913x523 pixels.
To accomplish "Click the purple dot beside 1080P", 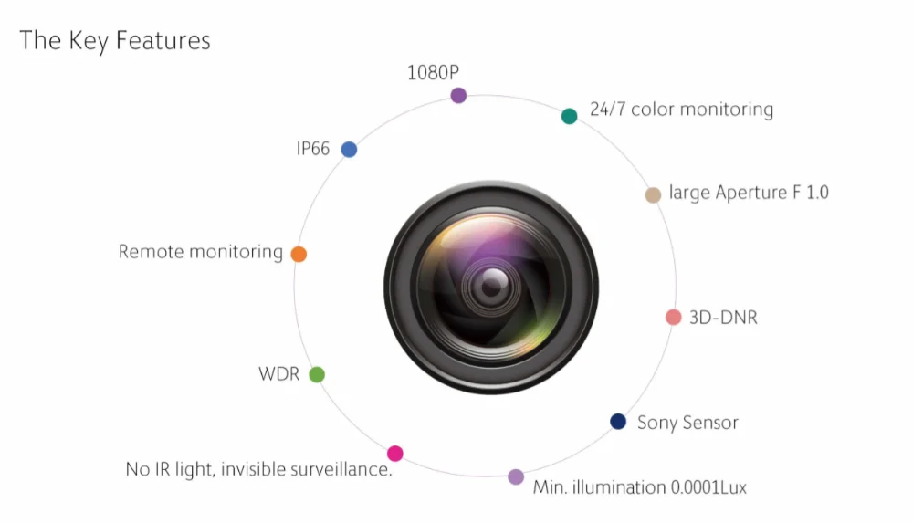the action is (458, 95).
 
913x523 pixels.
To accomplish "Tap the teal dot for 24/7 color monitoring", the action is (569, 116).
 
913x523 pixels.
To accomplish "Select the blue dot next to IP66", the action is (349, 149).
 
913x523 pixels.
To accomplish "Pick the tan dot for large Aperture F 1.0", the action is (653, 194).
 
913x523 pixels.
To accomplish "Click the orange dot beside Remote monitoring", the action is (299, 254).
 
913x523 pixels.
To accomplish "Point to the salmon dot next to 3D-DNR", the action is (673, 317).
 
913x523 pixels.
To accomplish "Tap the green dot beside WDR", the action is (317, 374).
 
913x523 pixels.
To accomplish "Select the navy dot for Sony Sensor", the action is (618, 421).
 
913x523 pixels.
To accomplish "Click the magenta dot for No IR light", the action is (394, 453).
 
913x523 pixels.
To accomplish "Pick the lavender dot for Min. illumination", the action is (515, 477).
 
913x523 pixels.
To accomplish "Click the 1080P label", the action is (433, 73).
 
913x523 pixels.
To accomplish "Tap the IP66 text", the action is (312, 149).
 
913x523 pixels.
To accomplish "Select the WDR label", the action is (278, 374).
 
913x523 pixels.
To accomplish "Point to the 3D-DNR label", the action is (723, 318).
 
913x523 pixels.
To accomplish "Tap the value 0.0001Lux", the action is (708, 487).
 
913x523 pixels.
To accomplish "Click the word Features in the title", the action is (163, 40).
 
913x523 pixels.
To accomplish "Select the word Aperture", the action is (751, 193).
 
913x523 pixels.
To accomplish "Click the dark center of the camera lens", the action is (492, 287).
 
